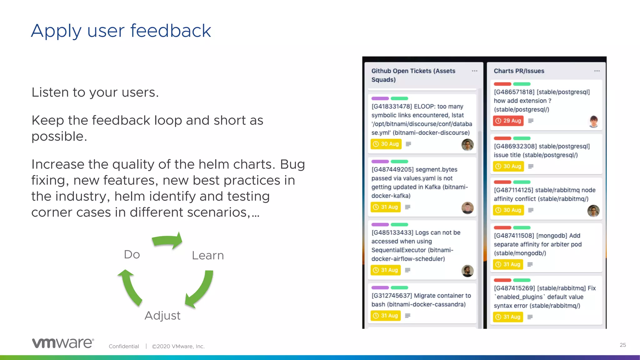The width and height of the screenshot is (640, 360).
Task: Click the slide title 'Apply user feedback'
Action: tap(121, 31)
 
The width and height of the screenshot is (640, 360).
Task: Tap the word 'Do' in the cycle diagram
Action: tap(132, 254)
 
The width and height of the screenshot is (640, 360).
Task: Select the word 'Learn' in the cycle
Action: tap(208, 256)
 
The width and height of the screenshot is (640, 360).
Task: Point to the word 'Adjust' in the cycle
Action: tap(162, 316)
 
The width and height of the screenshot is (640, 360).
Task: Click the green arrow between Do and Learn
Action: tap(167, 241)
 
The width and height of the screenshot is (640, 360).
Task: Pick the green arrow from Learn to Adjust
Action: tap(201, 289)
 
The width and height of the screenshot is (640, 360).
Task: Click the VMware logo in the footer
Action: tap(63, 343)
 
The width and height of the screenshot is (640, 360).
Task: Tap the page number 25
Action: tap(623, 345)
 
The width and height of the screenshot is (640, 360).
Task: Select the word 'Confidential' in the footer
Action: tap(124, 346)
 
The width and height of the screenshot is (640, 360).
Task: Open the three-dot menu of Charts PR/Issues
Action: tap(597, 71)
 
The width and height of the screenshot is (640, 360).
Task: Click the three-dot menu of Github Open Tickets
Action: tap(474, 71)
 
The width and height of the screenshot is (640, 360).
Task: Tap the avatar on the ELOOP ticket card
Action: tap(467, 145)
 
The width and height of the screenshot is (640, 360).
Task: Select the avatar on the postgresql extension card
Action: tap(593, 121)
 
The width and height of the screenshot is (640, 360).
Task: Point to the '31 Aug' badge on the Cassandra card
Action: tap(386, 316)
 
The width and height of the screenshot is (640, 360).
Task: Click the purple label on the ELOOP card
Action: tap(380, 98)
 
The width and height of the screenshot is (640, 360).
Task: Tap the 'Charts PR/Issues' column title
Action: tap(519, 71)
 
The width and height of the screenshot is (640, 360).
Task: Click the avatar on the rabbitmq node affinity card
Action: tap(593, 211)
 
